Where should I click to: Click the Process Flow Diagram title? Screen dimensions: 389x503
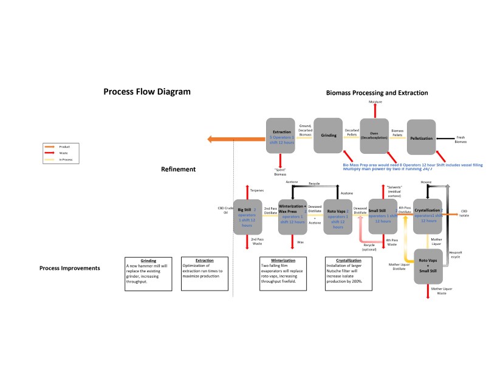click(147, 92)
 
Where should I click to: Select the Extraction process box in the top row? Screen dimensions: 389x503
click(281, 136)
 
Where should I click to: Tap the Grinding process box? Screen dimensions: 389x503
click(329, 135)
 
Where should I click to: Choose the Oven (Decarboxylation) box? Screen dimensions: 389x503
click(375, 135)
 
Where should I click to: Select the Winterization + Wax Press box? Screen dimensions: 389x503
click(292, 216)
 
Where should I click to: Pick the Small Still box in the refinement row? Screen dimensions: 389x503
click(383, 216)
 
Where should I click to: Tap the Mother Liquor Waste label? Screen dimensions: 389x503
click(439, 291)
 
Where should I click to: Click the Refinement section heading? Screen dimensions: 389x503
click(178, 170)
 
